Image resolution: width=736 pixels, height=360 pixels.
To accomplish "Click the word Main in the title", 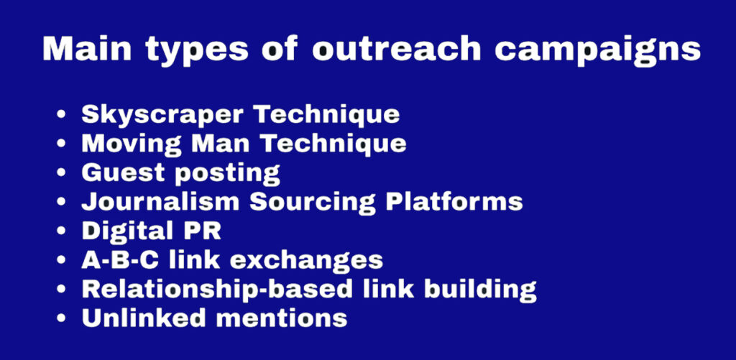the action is click(87, 48).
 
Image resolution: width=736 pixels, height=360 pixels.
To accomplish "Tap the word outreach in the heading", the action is click(397, 49).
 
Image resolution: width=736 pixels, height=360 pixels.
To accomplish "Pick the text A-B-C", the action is click(120, 259).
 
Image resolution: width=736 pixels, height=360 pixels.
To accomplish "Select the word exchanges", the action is click(306, 259).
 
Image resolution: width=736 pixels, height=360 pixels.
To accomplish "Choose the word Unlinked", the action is click(144, 318).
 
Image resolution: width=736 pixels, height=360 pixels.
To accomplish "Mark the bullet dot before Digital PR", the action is click(61, 231).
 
